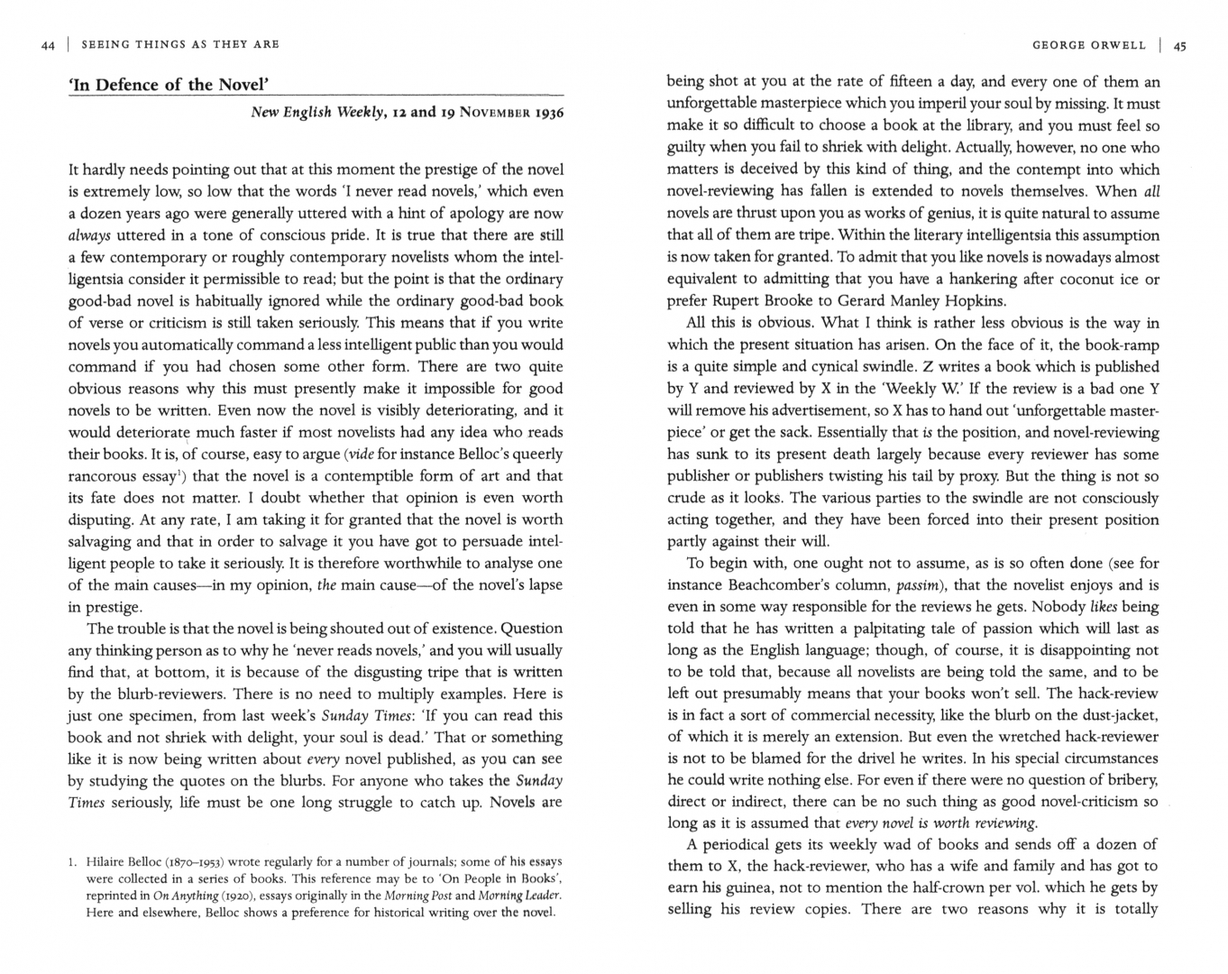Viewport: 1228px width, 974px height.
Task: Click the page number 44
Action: (x=48, y=44)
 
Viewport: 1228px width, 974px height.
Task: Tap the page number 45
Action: (x=1180, y=45)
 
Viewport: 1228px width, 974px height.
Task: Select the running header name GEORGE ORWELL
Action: (x=1089, y=45)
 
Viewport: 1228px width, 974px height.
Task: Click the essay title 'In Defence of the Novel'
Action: (x=170, y=86)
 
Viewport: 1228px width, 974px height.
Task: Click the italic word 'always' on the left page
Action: (x=89, y=235)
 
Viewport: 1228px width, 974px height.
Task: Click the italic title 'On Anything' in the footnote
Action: (x=186, y=896)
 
